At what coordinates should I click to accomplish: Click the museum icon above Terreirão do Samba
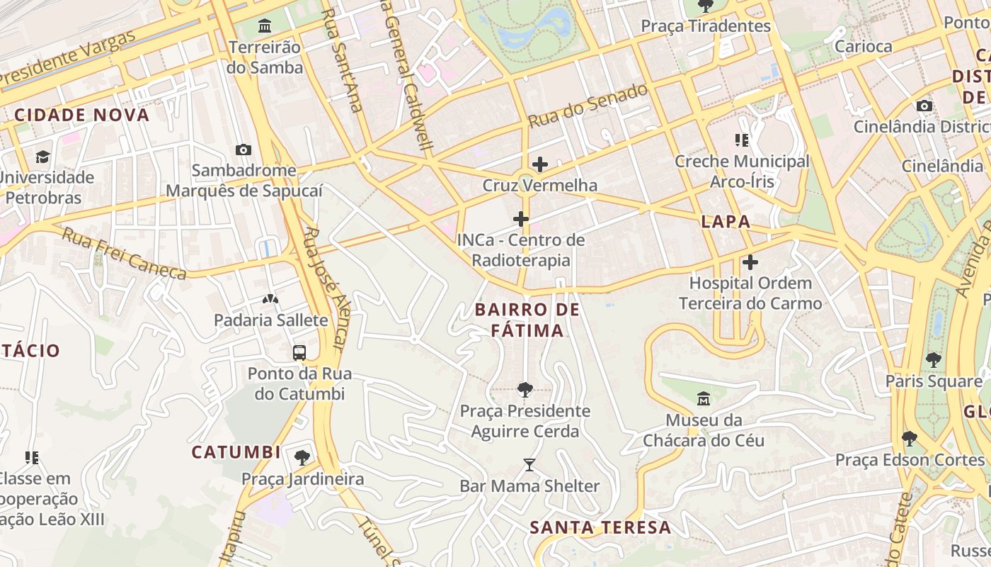[x=265, y=26]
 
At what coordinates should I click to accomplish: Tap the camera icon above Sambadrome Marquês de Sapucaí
[x=244, y=150]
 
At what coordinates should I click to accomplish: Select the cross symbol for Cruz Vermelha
[x=540, y=164]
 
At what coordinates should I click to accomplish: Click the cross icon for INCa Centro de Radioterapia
[x=521, y=219]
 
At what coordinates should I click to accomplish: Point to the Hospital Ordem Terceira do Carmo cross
[x=750, y=262]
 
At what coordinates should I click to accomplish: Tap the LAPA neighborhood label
[x=726, y=221]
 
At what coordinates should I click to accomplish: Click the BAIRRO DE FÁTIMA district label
[x=527, y=320]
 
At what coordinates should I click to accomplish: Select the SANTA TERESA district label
[x=600, y=527]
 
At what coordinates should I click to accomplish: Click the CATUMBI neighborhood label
[x=236, y=451]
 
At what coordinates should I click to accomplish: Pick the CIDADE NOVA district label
[x=82, y=115]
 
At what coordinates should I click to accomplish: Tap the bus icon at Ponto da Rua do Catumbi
[x=299, y=352]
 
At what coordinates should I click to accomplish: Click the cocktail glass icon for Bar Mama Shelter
[x=529, y=465]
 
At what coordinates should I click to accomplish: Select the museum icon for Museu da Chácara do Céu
[x=704, y=399]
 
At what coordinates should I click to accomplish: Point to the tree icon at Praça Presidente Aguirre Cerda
[x=525, y=389]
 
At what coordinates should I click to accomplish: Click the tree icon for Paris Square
[x=934, y=360]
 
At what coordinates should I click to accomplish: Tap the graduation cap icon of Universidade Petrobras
[x=43, y=156]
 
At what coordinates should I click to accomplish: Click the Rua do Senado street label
[x=588, y=106]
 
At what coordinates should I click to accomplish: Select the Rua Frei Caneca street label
[x=124, y=254]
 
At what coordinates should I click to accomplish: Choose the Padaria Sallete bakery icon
[x=270, y=299]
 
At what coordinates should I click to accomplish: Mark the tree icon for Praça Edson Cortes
[x=910, y=439]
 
